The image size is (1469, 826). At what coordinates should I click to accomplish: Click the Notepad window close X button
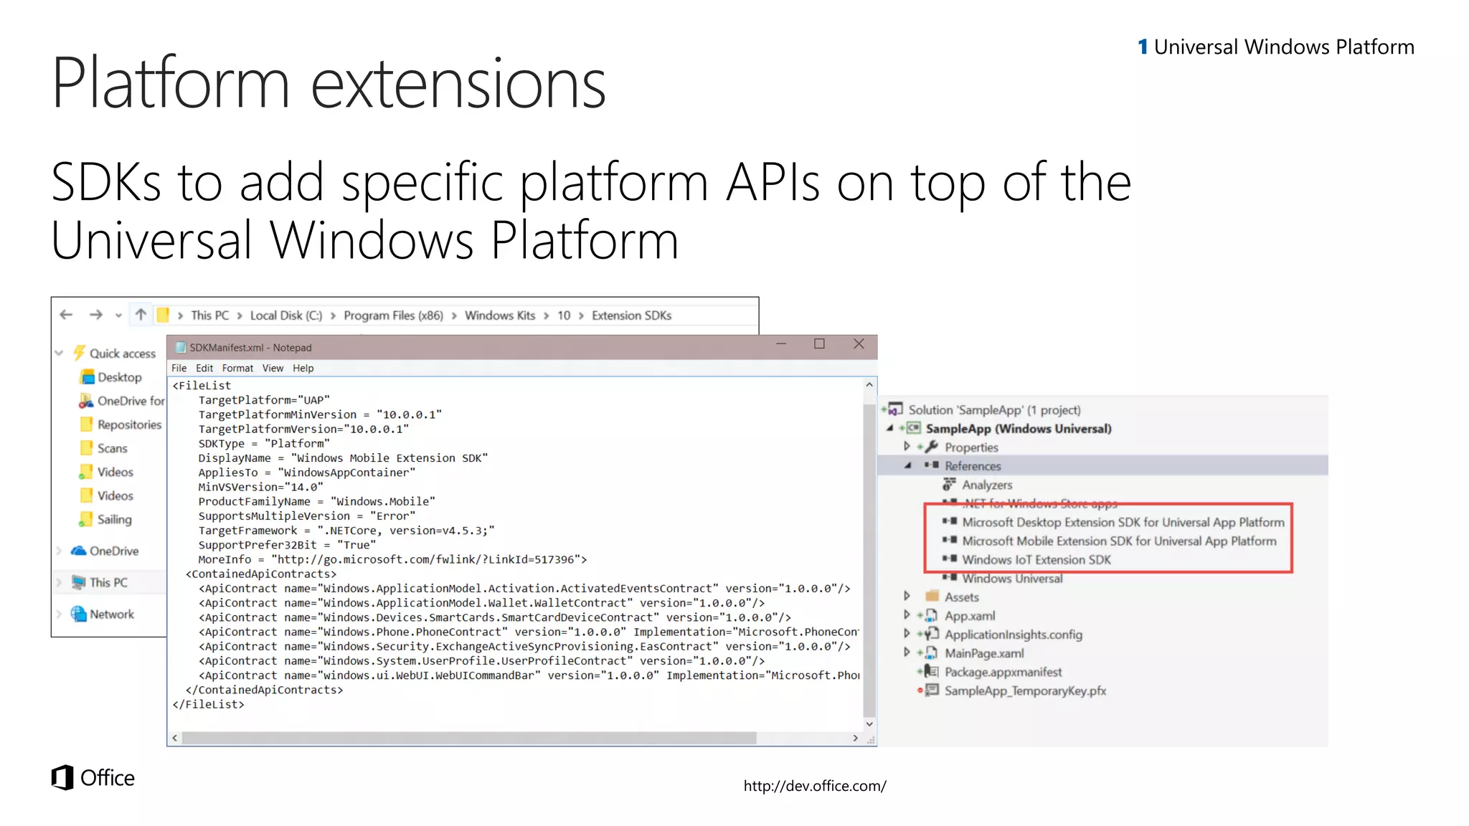[859, 344]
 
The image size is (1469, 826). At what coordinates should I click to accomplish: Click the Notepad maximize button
[819, 344]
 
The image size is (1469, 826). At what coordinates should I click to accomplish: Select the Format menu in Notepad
[237, 368]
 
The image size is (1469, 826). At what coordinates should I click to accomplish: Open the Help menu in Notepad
[303, 368]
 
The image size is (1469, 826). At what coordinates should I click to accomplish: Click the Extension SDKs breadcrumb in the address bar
[631, 315]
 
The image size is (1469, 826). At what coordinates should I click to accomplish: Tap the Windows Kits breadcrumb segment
[500, 315]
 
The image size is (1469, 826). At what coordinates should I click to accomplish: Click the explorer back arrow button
[67, 315]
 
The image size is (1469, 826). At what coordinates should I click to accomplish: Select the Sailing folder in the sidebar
[114, 519]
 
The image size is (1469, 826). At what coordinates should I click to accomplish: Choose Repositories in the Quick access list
[129, 424]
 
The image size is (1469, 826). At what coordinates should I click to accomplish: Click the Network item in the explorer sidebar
[112, 614]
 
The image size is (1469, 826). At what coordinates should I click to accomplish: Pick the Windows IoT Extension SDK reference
[1036, 560]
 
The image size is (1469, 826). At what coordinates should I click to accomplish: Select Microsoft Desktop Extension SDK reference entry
[1123, 523]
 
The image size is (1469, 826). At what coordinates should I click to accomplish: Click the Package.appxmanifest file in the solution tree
[1003, 672]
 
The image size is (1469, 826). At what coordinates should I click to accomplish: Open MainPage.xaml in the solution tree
[984, 653]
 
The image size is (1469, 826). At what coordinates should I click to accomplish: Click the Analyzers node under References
[987, 485]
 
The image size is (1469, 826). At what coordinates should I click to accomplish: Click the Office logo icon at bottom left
[62, 778]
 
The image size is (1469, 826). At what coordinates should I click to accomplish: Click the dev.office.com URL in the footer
[815, 786]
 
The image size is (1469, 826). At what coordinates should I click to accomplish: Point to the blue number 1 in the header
[1143, 47]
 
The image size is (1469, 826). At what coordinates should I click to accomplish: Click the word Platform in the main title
[171, 83]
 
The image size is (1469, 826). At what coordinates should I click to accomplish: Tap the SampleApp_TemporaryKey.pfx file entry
[1025, 691]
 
